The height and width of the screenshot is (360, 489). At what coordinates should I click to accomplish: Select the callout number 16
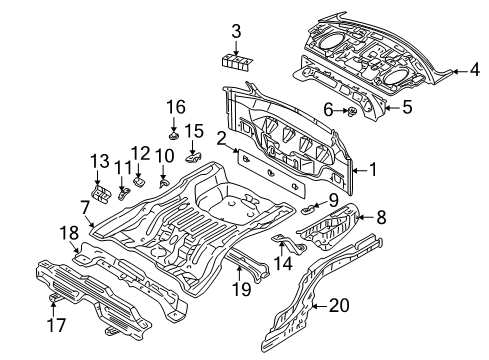point(175,106)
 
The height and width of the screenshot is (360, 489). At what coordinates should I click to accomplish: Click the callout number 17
point(53,325)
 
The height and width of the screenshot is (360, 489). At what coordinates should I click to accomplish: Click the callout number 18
point(68,234)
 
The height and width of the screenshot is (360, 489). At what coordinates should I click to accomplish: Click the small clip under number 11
point(123,190)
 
